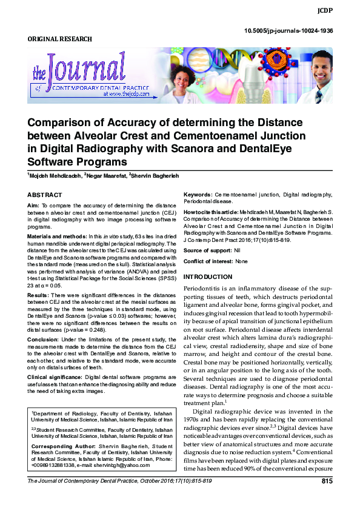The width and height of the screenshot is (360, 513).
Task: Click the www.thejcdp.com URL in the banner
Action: click(125, 95)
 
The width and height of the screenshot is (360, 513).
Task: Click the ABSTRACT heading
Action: click(45, 195)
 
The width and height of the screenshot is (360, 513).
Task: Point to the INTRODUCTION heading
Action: click(208, 277)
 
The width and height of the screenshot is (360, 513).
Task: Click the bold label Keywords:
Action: click(198, 195)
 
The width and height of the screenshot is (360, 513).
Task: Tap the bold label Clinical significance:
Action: click(55, 376)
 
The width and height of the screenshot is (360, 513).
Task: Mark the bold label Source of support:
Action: click(207, 250)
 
